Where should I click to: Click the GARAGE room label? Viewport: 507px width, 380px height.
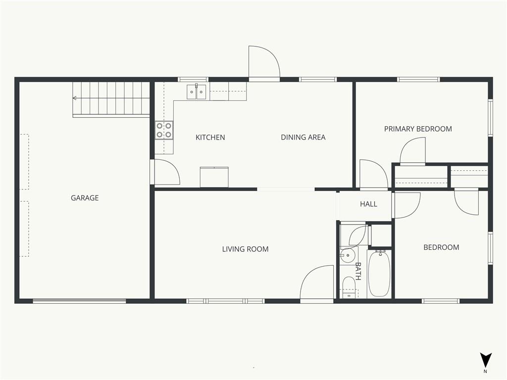click(x=85, y=198)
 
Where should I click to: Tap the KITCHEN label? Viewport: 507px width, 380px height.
click(x=210, y=138)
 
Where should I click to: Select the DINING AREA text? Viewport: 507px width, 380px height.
click(x=303, y=138)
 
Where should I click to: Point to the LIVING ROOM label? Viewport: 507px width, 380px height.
click(x=245, y=249)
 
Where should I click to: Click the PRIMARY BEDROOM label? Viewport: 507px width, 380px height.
click(x=418, y=129)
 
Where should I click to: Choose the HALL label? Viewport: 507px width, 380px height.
click(x=368, y=204)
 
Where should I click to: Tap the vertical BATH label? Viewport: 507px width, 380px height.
click(x=358, y=271)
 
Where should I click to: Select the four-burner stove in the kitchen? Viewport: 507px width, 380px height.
click(x=164, y=130)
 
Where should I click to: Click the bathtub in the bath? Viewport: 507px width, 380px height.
click(x=379, y=273)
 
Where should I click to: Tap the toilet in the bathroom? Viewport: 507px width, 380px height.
click(x=349, y=287)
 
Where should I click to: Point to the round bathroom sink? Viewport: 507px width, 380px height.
click(x=348, y=256)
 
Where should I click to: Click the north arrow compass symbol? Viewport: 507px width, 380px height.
click(x=485, y=361)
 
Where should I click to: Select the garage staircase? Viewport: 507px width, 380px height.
click(x=111, y=99)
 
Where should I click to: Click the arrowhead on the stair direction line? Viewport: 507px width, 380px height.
click(x=74, y=98)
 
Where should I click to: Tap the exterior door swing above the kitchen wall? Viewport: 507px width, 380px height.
click(x=264, y=62)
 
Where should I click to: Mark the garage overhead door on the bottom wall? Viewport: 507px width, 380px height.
click(x=79, y=301)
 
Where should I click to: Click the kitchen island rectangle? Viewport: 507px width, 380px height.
click(x=214, y=177)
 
